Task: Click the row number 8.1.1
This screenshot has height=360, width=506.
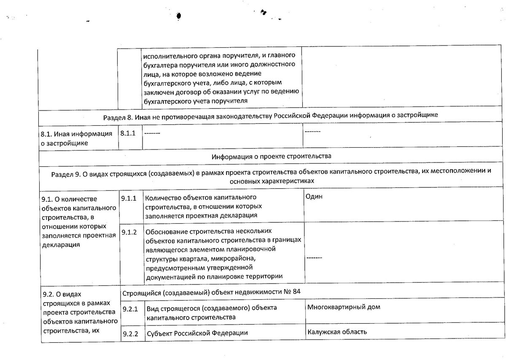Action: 128,133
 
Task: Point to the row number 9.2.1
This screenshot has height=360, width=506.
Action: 130,309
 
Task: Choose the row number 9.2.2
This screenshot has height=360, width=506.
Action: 130,333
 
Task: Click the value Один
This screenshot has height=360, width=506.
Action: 315,197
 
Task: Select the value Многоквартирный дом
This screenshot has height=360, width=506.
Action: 344,307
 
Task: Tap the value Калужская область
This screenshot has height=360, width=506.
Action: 337,332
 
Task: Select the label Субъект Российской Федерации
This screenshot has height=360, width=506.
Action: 197,333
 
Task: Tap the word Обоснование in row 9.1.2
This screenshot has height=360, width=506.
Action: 167,232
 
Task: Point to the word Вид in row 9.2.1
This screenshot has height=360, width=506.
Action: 152,309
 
